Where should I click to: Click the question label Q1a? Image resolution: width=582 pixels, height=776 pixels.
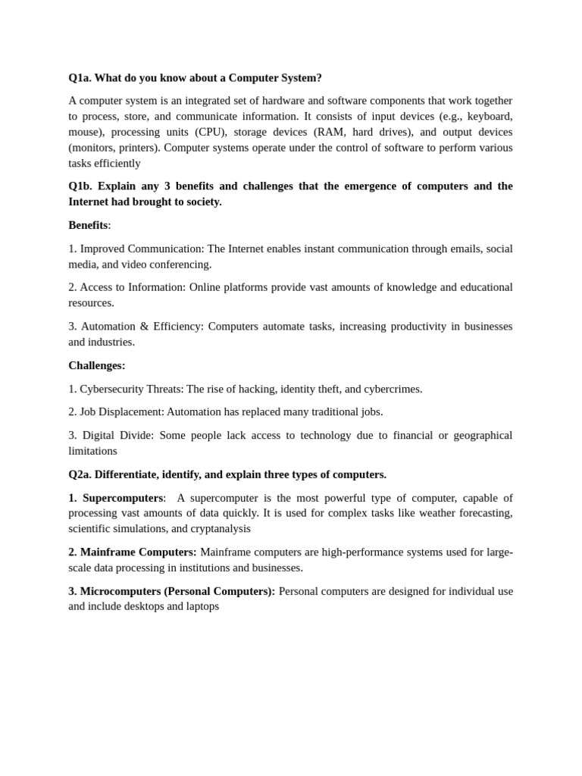(80, 78)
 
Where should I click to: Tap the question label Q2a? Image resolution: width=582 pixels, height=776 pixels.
(80, 474)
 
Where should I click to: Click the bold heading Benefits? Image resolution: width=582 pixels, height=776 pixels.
(88, 225)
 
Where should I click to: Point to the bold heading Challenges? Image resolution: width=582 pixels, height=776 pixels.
(97, 365)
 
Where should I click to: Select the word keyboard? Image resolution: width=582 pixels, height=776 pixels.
(489, 116)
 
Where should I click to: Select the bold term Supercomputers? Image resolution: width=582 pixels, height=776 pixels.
(123, 498)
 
